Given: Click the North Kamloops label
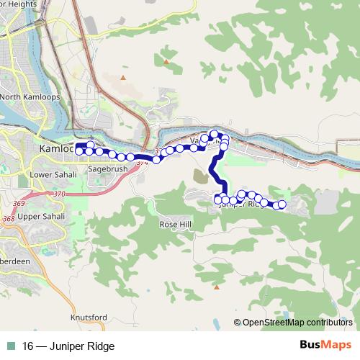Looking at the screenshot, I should click(30, 96).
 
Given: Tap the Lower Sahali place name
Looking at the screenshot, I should click(53, 174).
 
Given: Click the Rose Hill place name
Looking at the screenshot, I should click(176, 224).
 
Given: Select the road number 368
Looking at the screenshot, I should click(8, 218).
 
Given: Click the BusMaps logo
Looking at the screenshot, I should click(325, 346).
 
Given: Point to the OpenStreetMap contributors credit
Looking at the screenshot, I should click(297, 323).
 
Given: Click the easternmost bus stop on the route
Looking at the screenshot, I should click(282, 205).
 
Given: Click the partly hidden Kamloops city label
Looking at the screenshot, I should click(56, 148).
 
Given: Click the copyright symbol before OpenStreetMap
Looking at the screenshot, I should click(238, 323).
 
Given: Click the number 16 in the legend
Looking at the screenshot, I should click(27, 346).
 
